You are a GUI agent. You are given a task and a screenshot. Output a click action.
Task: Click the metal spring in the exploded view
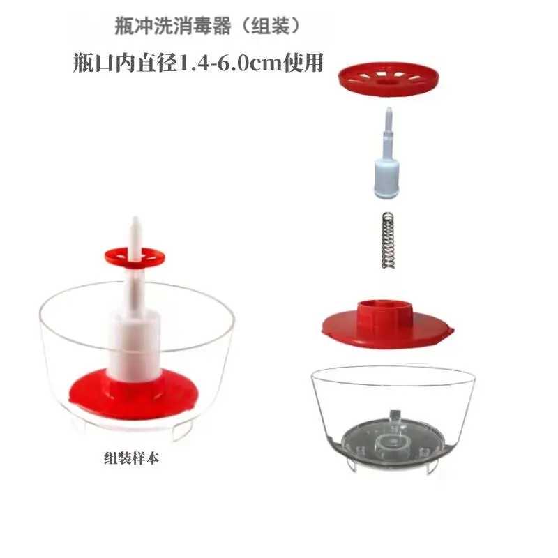point(389,240)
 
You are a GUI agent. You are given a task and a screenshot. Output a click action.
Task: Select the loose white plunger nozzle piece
point(387,152)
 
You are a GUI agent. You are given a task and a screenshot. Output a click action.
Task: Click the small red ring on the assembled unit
point(135,256)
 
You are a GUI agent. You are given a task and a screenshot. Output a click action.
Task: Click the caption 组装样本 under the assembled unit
point(131,458)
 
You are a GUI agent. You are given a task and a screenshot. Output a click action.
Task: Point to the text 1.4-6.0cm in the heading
point(229,63)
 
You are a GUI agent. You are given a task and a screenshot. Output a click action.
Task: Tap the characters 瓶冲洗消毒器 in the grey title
point(173,26)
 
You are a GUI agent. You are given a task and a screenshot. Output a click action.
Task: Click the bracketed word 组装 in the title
point(271,26)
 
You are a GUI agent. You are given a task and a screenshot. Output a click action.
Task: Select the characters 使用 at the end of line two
point(302,63)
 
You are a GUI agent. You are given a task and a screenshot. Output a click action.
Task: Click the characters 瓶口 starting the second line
point(94,63)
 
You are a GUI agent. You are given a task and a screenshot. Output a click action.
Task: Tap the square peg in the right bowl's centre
point(395,416)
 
